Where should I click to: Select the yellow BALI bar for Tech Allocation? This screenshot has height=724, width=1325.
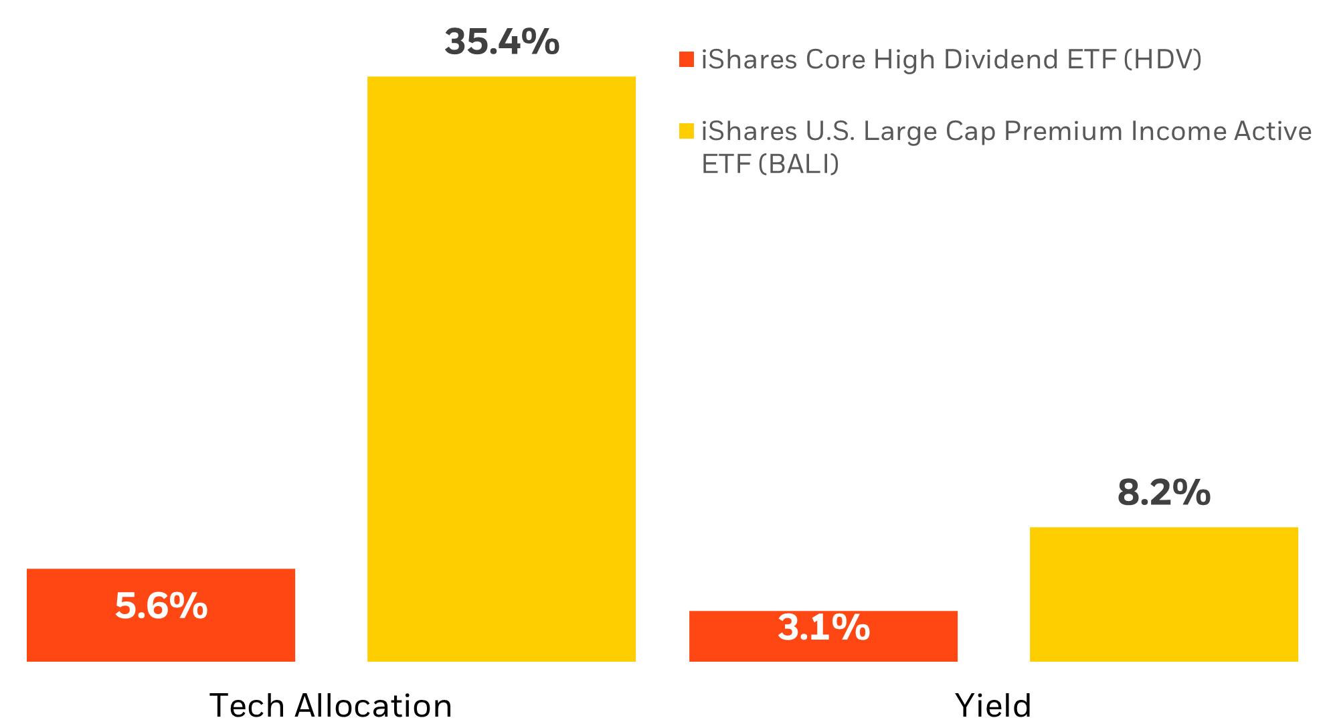click(x=501, y=368)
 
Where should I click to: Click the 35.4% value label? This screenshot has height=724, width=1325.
click(x=501, y=42)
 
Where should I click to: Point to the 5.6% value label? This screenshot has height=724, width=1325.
click(x=161, y=605)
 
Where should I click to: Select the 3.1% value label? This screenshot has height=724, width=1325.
click(x=824, y=628)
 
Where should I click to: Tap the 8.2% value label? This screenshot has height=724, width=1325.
click(x=1164, y=492)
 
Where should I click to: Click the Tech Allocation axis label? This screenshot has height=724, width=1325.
click(x=331, y=705)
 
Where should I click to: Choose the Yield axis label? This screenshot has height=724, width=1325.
click(x=993, y=705)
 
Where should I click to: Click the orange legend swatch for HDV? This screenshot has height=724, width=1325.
click(x=687, y=60)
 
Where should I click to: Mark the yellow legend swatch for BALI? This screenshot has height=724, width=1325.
click(x=687, y=131)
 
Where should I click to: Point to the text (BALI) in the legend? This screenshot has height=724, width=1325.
click(x=799, y=164)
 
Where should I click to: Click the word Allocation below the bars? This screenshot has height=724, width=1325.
click(x=373, y=705)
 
